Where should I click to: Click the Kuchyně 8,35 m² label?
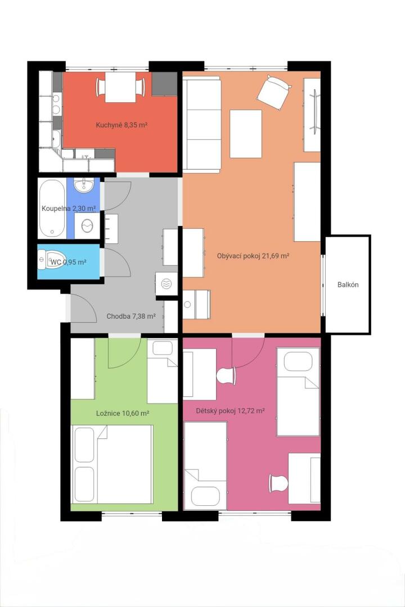click(121, 125)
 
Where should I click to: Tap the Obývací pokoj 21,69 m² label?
click(254, 256)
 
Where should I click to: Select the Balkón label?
click(348, 284)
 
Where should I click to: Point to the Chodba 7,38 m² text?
click(131, 316)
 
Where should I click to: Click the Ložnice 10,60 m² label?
click(123, 414)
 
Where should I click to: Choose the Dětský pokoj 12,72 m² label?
click(230, 411)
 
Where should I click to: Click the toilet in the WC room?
click(47, 259)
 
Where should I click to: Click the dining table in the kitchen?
click(120, 87)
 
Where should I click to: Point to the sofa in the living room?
click(201, 124)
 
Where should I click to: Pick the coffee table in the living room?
click(246, 134)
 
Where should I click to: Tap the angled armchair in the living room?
click(273, 93)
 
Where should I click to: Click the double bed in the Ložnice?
click(112, 464)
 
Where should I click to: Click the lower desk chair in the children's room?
click(278, 483)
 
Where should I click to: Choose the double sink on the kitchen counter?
click(57, 104)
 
